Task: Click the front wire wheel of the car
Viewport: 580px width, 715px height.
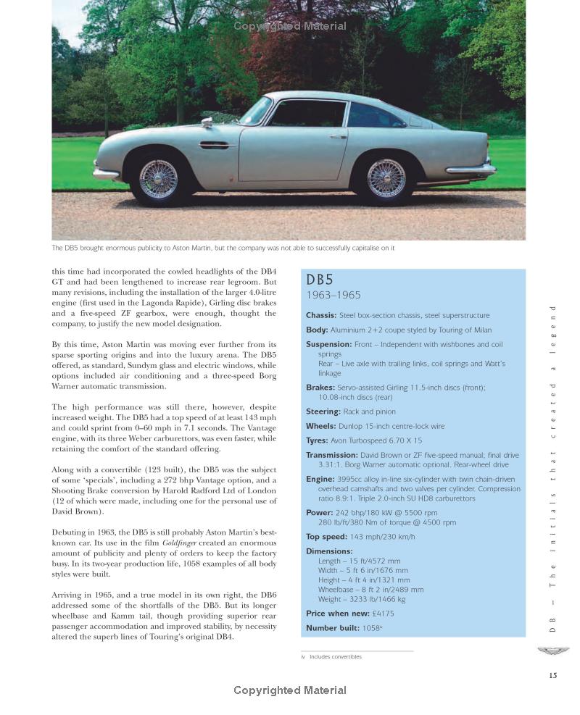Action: click(158, 178)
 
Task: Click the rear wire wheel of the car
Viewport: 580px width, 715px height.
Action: click(386, 178)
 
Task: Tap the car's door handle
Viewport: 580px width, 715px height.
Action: click(338, 135)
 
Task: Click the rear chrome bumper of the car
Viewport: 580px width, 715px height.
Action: click(471, 169)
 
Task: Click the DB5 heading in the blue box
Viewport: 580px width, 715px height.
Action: click(320, 280)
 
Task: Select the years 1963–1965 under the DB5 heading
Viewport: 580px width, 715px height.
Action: click(333, 296)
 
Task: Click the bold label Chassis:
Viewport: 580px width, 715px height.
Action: click(321, 315)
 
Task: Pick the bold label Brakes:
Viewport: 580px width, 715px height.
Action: click(320, 388)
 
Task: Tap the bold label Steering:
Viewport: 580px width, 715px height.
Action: click(323, 411)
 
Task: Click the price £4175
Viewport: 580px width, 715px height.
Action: click(384, 614)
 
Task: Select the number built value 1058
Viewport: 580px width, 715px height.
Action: click(371, 628)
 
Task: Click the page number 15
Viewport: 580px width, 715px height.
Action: click(553, 675)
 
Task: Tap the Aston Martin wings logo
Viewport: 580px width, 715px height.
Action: click(553, 651)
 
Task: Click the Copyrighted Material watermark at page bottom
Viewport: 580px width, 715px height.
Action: click(290, 690)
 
